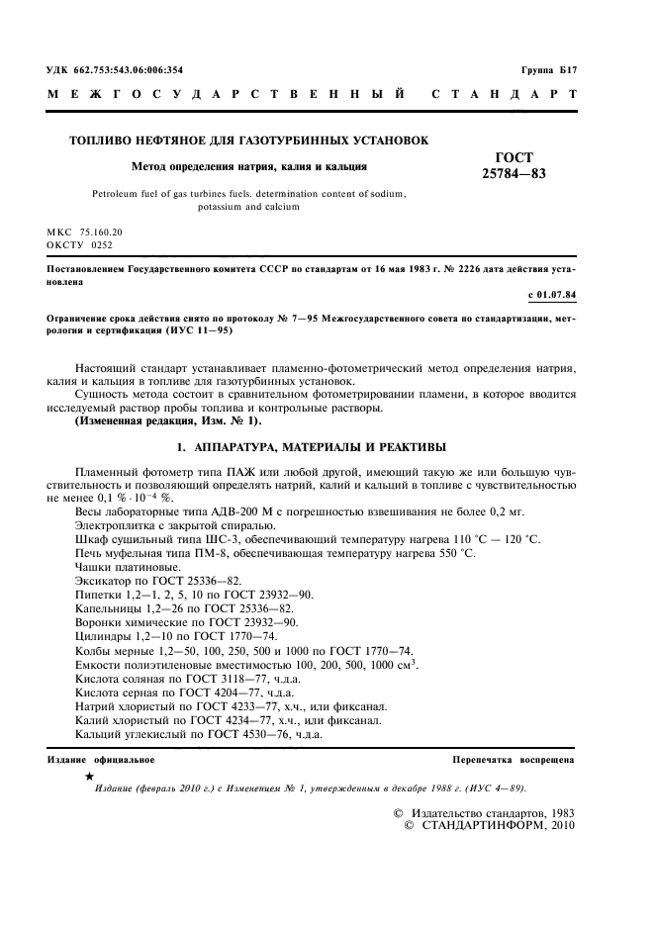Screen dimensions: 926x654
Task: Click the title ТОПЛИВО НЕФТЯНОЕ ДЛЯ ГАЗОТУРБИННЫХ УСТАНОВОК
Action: coord(248,140)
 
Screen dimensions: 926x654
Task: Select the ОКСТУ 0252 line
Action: coord(80,243)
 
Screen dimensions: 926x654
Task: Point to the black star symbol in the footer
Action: coord(90,778)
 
